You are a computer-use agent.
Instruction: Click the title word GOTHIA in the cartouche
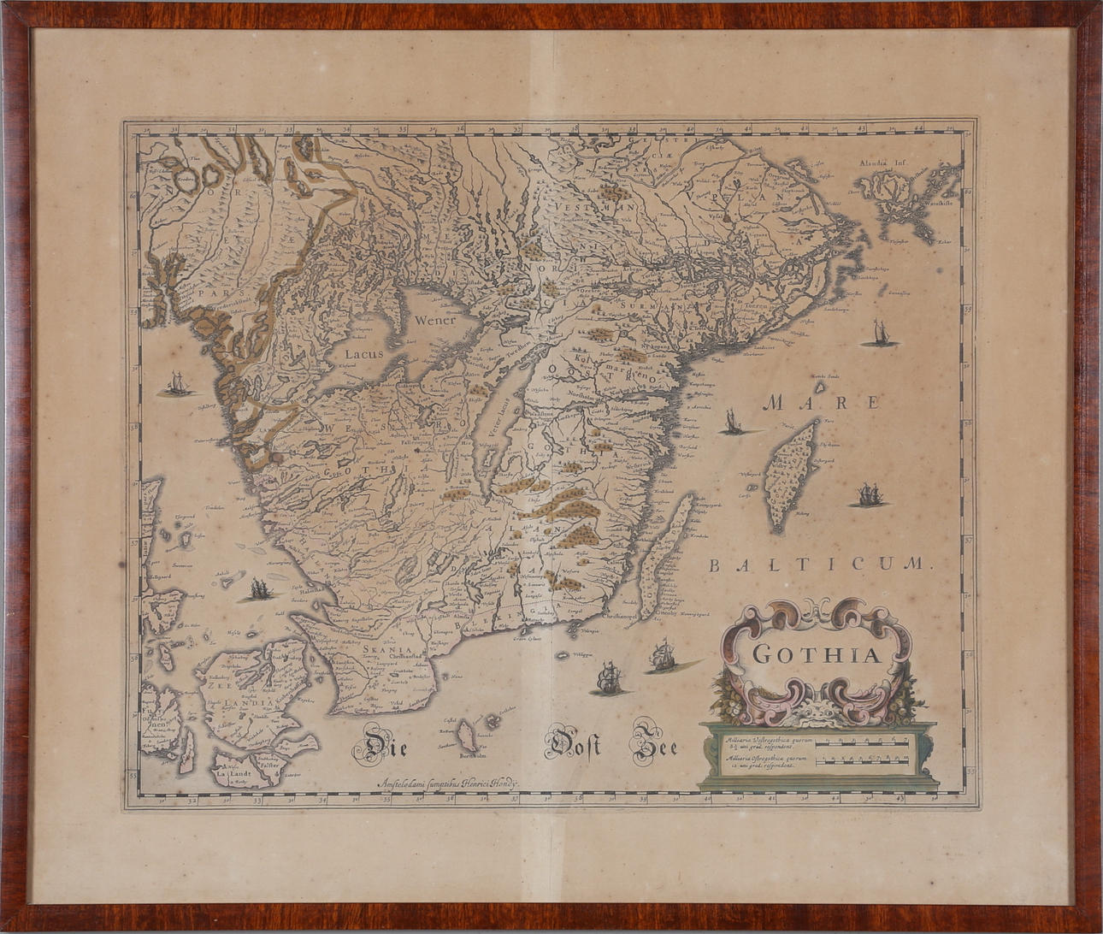tap(817, 656)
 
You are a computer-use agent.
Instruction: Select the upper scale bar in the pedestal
tap(864, 742)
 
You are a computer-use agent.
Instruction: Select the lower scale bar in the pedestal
tap(864, 760)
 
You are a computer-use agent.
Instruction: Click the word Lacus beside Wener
tap(367, 352)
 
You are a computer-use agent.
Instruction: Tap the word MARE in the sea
tap(822, 402)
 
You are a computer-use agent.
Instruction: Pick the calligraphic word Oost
tap(573, 745)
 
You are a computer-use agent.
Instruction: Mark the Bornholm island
tap(468, 736)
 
